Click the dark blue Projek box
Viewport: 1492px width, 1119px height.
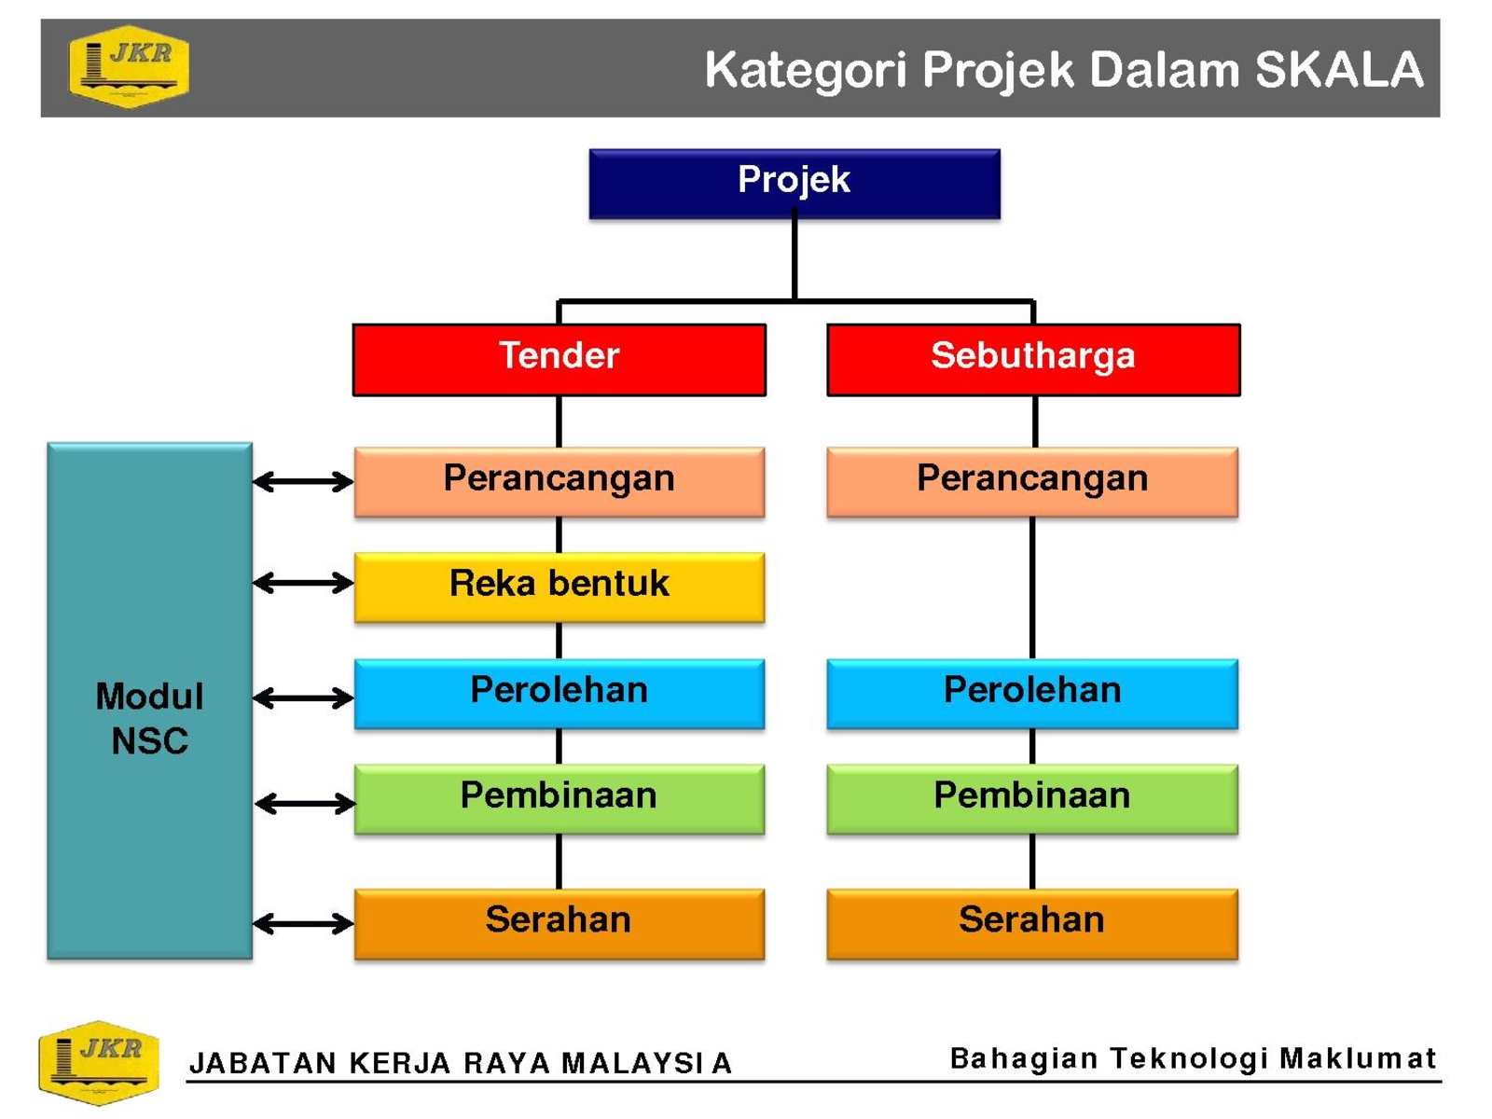click(794, 184)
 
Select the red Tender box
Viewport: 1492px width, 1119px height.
click(559, 359)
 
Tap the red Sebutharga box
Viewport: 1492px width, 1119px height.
click(1033, 359)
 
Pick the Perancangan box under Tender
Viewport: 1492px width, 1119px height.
click(559, 482)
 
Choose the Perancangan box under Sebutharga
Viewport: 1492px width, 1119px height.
click(1032, 482)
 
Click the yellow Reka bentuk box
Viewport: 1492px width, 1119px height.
click(559, 587)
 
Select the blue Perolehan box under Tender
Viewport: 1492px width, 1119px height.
click(559, 694)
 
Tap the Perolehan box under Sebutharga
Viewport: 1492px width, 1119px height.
click(1032, 694)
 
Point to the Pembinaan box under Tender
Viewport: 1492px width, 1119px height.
click(559, 799)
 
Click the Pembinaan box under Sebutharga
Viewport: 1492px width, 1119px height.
click(1032, 799)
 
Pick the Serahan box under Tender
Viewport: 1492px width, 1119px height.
click(559, 923)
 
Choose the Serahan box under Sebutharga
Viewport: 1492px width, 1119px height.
click(1032, 923)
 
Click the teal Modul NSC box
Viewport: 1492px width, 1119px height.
click(149, 700)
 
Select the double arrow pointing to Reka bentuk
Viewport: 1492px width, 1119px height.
click(303, 582)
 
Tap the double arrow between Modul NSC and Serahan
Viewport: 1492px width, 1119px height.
click(303, 923)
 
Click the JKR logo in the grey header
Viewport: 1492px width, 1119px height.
click(129, 66)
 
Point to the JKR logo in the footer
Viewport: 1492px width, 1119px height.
click(99, 1062)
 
